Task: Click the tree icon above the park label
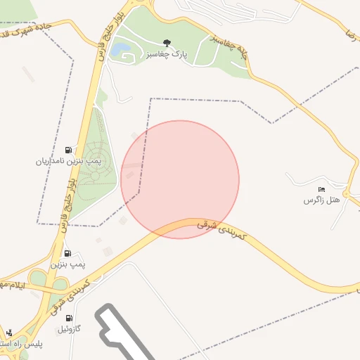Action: (x=167, y=43)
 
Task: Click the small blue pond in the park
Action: (x=121, y=49)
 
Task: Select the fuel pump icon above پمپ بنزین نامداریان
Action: (x=68, y=150)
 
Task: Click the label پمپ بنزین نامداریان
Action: (x=69, y=161)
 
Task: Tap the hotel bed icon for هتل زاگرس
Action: (x=322, y=189)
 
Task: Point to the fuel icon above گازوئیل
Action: (x=68, y=318)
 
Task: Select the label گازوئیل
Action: (x=72, y=328)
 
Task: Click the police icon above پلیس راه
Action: (x=9, y=333)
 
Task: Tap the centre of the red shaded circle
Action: (x=180, y=179)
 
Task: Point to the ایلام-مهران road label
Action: (x=11, y=286)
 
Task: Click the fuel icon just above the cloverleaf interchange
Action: (x=68, y=253)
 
